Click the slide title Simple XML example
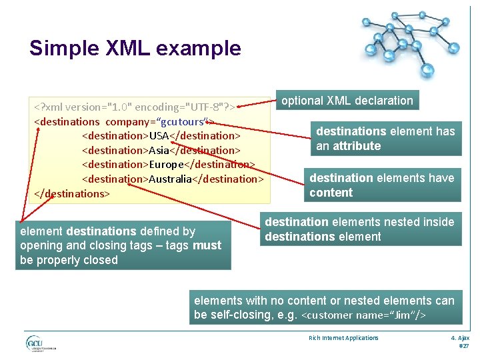click(x=135, y=48)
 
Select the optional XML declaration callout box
click(x=347, y=101)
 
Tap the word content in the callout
click(x=331, y=193)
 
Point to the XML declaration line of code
click(x=136, y=107)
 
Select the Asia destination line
click(x=160, y=150)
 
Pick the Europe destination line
click(x=168, y=164)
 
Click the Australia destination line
click(x=173, y=179)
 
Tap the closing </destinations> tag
click(x=72, y=193)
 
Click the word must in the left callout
click(x=207, y=245)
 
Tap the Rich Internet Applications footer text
click(x=343, y=338)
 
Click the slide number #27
click(x=464, y=346)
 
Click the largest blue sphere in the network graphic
click(x=428, y=69)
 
